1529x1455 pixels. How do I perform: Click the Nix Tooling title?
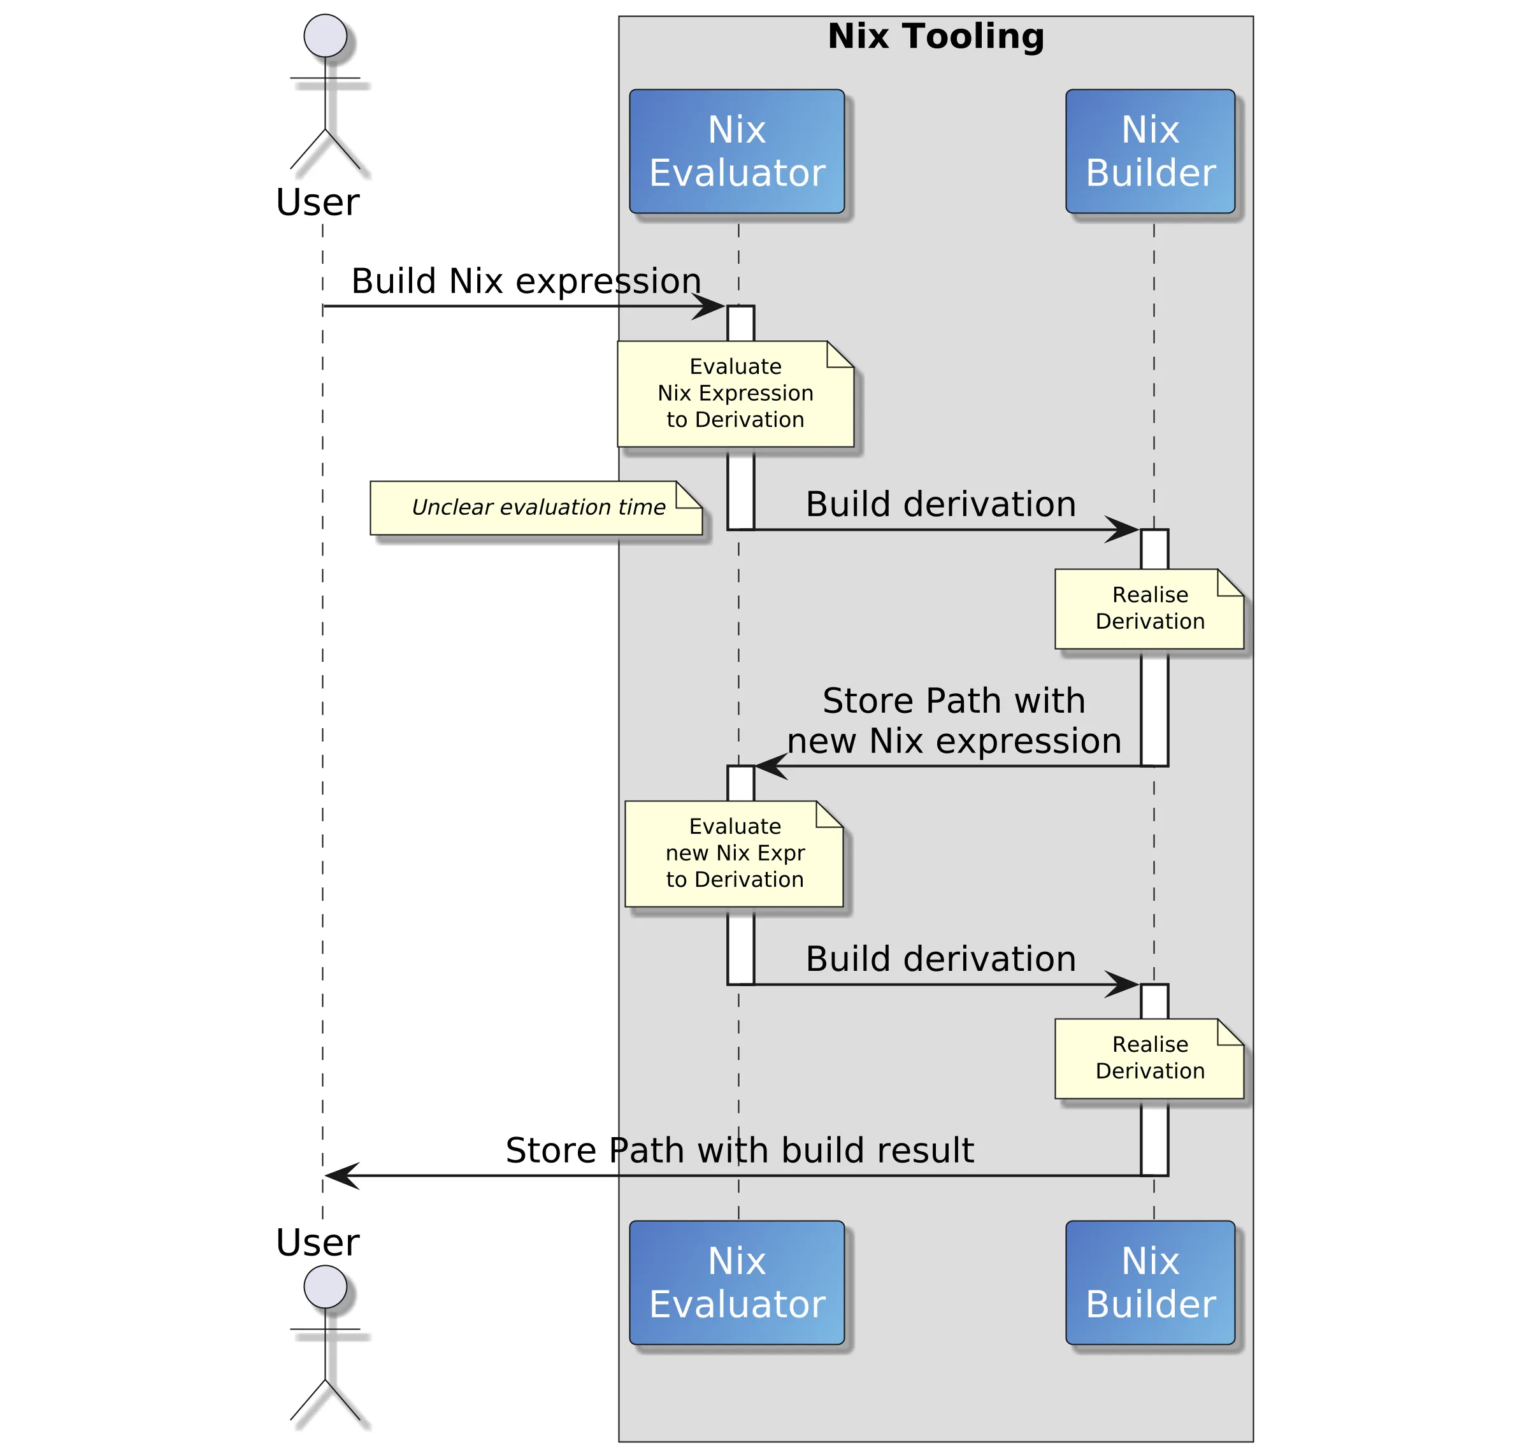click(x=935, y=36)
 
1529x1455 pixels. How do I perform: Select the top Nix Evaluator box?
click(x=736, y=151)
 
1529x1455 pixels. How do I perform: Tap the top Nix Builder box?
click(x=1150, y=151)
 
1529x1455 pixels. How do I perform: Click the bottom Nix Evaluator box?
click(x=736, y=1282)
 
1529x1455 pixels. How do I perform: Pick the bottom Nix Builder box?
click(x=1150, y=1282)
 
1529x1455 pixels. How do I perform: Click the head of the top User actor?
click(x=325, y=36)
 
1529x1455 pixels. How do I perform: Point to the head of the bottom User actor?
click(x=325, y=1287)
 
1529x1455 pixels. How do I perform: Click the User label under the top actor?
click(x=317, y=203)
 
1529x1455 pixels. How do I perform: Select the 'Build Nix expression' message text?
click(x=526, y=281)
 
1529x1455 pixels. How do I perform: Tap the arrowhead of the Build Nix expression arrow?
click(x=710, y=306)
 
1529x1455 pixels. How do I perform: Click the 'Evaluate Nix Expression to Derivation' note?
click(x=735, y=393)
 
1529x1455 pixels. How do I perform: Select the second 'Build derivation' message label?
click(x=940, y=959)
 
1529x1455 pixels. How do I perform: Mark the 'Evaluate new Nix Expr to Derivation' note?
click(x=733, y=853)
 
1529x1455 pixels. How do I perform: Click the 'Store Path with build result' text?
click(x=738, y=1150)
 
